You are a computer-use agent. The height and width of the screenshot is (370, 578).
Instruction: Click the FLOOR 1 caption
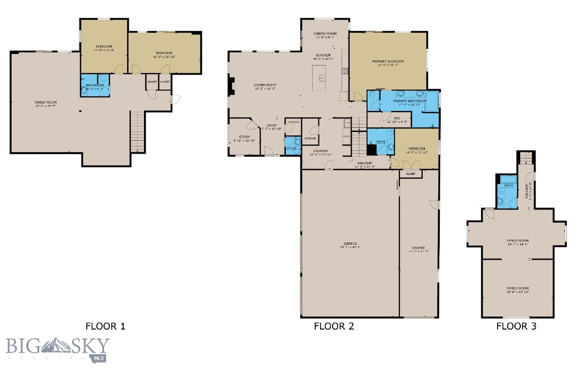[x=105, y=326]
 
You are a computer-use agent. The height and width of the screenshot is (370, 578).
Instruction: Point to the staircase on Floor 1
[x=138, y=132]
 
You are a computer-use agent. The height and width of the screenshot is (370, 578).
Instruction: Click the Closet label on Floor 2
[x=410, y=173]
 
